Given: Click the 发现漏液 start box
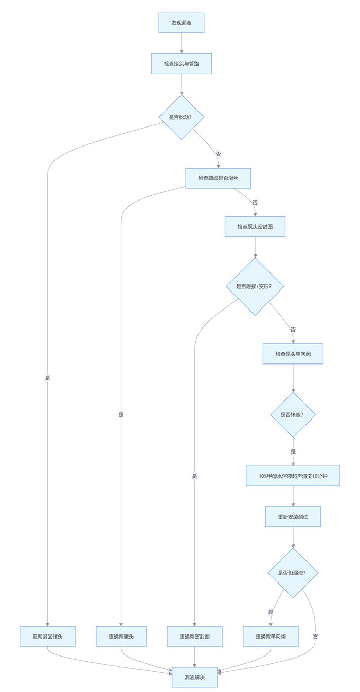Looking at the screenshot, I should [182, 23].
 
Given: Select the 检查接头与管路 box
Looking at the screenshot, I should [182, 64].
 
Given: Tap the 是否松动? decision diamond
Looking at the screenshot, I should [182, 117].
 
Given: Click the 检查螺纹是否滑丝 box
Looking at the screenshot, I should [218, 178].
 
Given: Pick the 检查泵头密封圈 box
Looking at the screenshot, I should [255, 226].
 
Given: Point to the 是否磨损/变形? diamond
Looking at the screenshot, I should [255, 286].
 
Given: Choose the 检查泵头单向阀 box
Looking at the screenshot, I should [293, 354].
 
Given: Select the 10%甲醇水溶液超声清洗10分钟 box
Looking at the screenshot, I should [293, 476].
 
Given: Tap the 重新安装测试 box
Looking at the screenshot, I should [293, 517].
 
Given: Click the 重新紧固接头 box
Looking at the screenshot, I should [48, 636].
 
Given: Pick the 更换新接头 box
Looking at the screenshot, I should [121, 636].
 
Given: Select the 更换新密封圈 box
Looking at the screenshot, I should [194, 636].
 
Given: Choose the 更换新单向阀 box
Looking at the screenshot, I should [271, 636].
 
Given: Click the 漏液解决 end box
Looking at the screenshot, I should [194, 677].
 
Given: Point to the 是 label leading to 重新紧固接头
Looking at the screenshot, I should [48, 378].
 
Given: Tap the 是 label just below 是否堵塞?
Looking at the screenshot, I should [293, 451].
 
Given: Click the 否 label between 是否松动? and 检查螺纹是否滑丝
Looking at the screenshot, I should [218, 154].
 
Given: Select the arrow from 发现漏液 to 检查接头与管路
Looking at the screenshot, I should [182, 43].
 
